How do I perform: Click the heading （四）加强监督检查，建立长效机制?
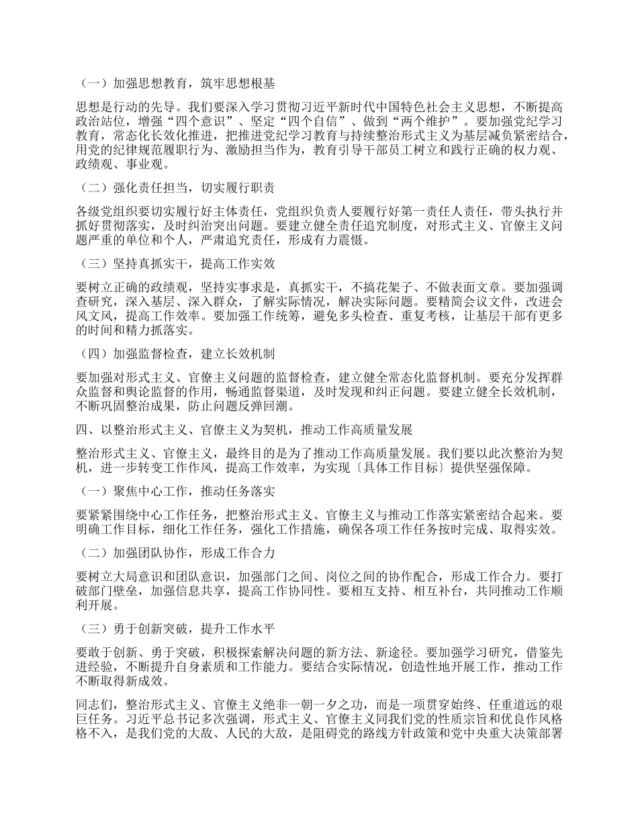[177, 353]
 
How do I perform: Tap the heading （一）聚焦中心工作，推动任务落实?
[177, 492]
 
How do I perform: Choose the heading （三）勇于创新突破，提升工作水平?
[177, 629]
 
